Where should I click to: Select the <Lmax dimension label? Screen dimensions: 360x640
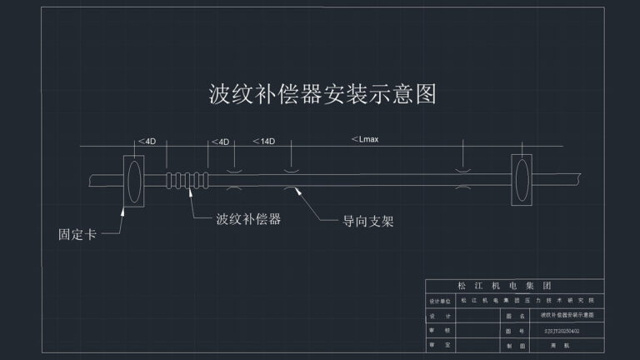[365, 139]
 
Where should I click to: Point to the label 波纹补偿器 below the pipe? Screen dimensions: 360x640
[247, 220]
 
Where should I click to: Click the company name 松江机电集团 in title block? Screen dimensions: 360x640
[514, 286]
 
